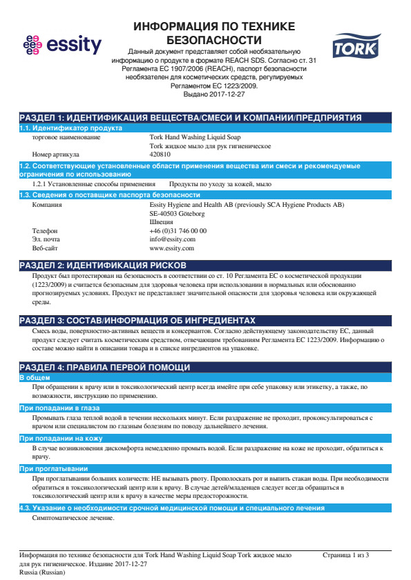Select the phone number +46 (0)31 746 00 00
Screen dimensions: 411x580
pyautogui.click(x=178, y=230)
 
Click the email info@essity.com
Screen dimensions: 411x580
pyautogui.click(x=172, y=239)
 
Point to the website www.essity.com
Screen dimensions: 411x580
pyautogui.click(x=171, y=248)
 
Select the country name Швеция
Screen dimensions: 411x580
pyautogui.click(x=161, y=222)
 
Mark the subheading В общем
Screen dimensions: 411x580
pyautogui.click(x=32, y=378)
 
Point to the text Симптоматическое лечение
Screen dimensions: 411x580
pyautogui.click(x=68, y=518)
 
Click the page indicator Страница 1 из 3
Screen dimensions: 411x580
pyautogui.click(x=345, y=554)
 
